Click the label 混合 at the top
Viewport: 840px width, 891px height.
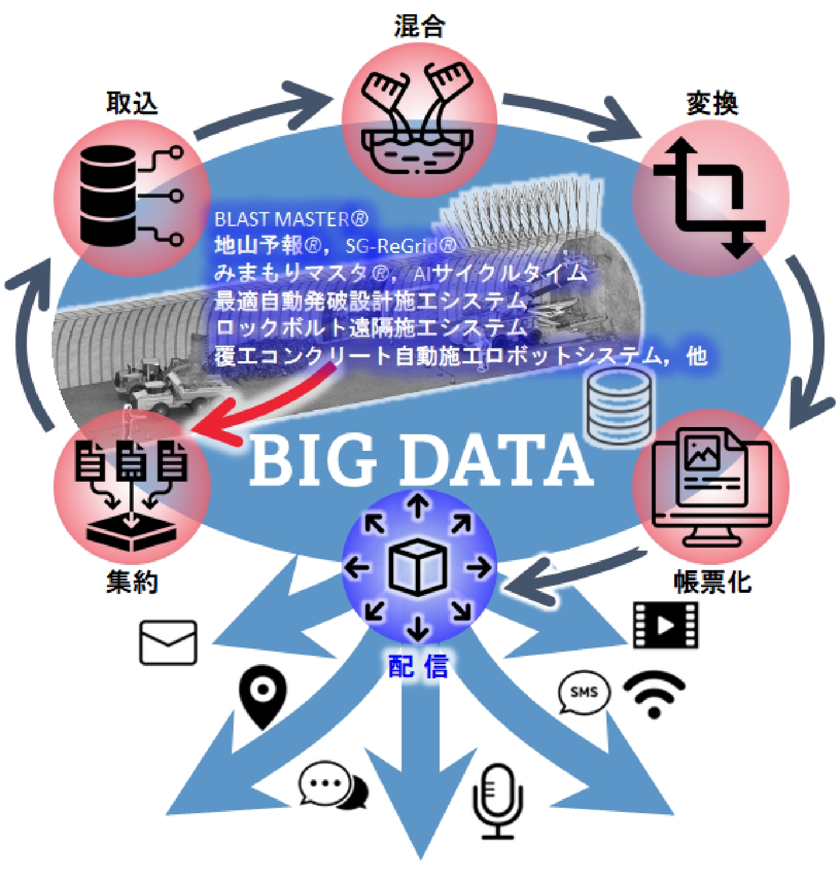[419, 27]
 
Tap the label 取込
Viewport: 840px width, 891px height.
[132, 103]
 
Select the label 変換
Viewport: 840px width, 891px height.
[712, 103]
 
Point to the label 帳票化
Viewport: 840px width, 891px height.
[712, 582]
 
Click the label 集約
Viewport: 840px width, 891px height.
[132, 582]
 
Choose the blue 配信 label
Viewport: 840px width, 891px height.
[418, 666]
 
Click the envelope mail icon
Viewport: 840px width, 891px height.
[168, 643]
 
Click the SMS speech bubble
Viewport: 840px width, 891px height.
[583, 693]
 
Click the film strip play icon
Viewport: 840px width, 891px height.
[665, 625]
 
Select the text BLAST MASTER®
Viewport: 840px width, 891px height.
[291, 219]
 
